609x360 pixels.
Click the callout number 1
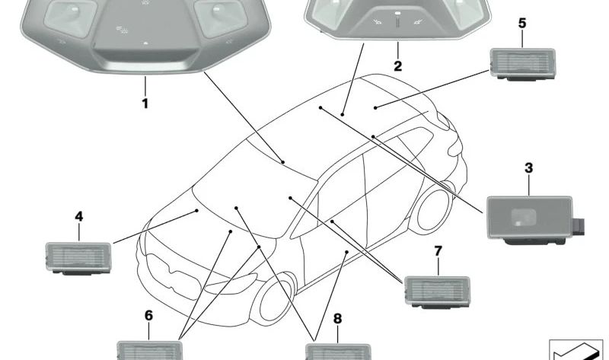point(145,104)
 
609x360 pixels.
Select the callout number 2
point(397,66)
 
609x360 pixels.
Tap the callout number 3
point(528,168)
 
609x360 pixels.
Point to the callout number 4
point(79,216)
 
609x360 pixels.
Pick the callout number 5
point(522,24)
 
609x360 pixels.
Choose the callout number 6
point(148,316)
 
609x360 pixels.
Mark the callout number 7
point(438,251)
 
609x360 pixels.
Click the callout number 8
point(337,319)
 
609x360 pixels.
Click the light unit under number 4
point(78,258)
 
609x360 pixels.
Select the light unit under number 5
point(523,64)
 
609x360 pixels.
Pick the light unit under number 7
point(437,292)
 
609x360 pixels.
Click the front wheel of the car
point(274,298)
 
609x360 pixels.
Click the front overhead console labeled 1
point(145,36)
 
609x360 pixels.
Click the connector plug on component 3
point(579,227)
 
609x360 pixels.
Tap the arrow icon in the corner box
point(576,351)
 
